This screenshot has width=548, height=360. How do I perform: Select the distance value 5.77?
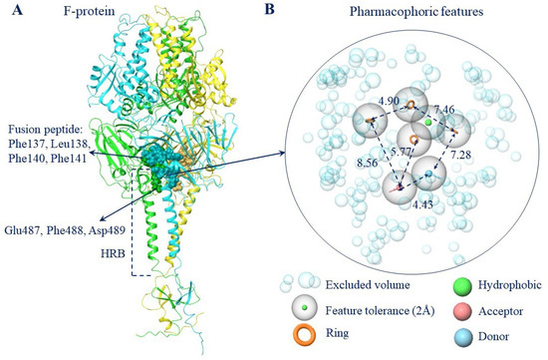point(402,152)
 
